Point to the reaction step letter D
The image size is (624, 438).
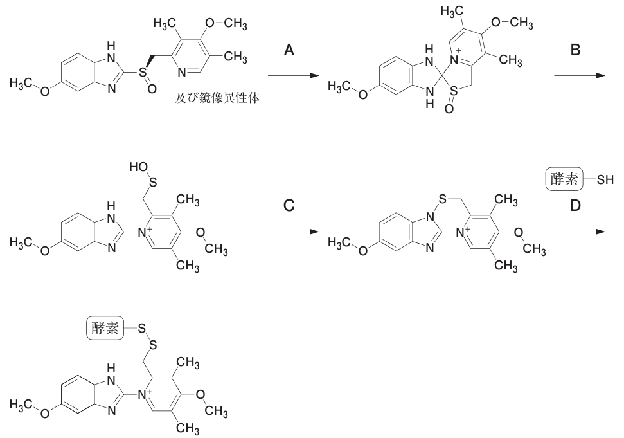576,206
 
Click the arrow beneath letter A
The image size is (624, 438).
292,77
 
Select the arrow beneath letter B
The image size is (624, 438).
579,77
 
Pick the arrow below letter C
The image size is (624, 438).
292,232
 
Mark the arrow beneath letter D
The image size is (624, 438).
579,232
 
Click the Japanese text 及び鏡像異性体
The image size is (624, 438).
217,100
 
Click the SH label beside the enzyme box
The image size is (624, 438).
605,180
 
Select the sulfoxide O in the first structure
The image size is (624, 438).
151,89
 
